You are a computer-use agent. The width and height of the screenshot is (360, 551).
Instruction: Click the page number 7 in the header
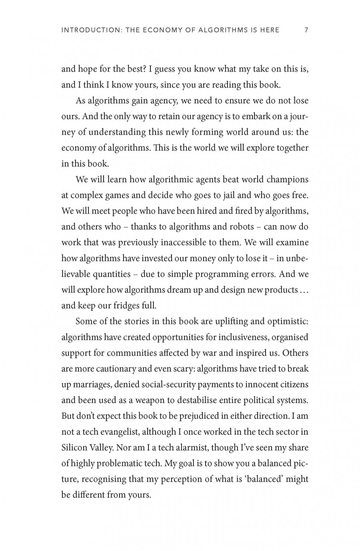[306, 30]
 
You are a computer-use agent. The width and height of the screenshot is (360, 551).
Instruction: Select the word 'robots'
[241, 227]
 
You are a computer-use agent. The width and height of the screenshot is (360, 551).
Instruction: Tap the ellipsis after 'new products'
[304, 290]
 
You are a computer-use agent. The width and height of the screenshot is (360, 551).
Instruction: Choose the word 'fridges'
[121, 306]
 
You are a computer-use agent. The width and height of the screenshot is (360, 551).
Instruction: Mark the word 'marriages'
[91, 385]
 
